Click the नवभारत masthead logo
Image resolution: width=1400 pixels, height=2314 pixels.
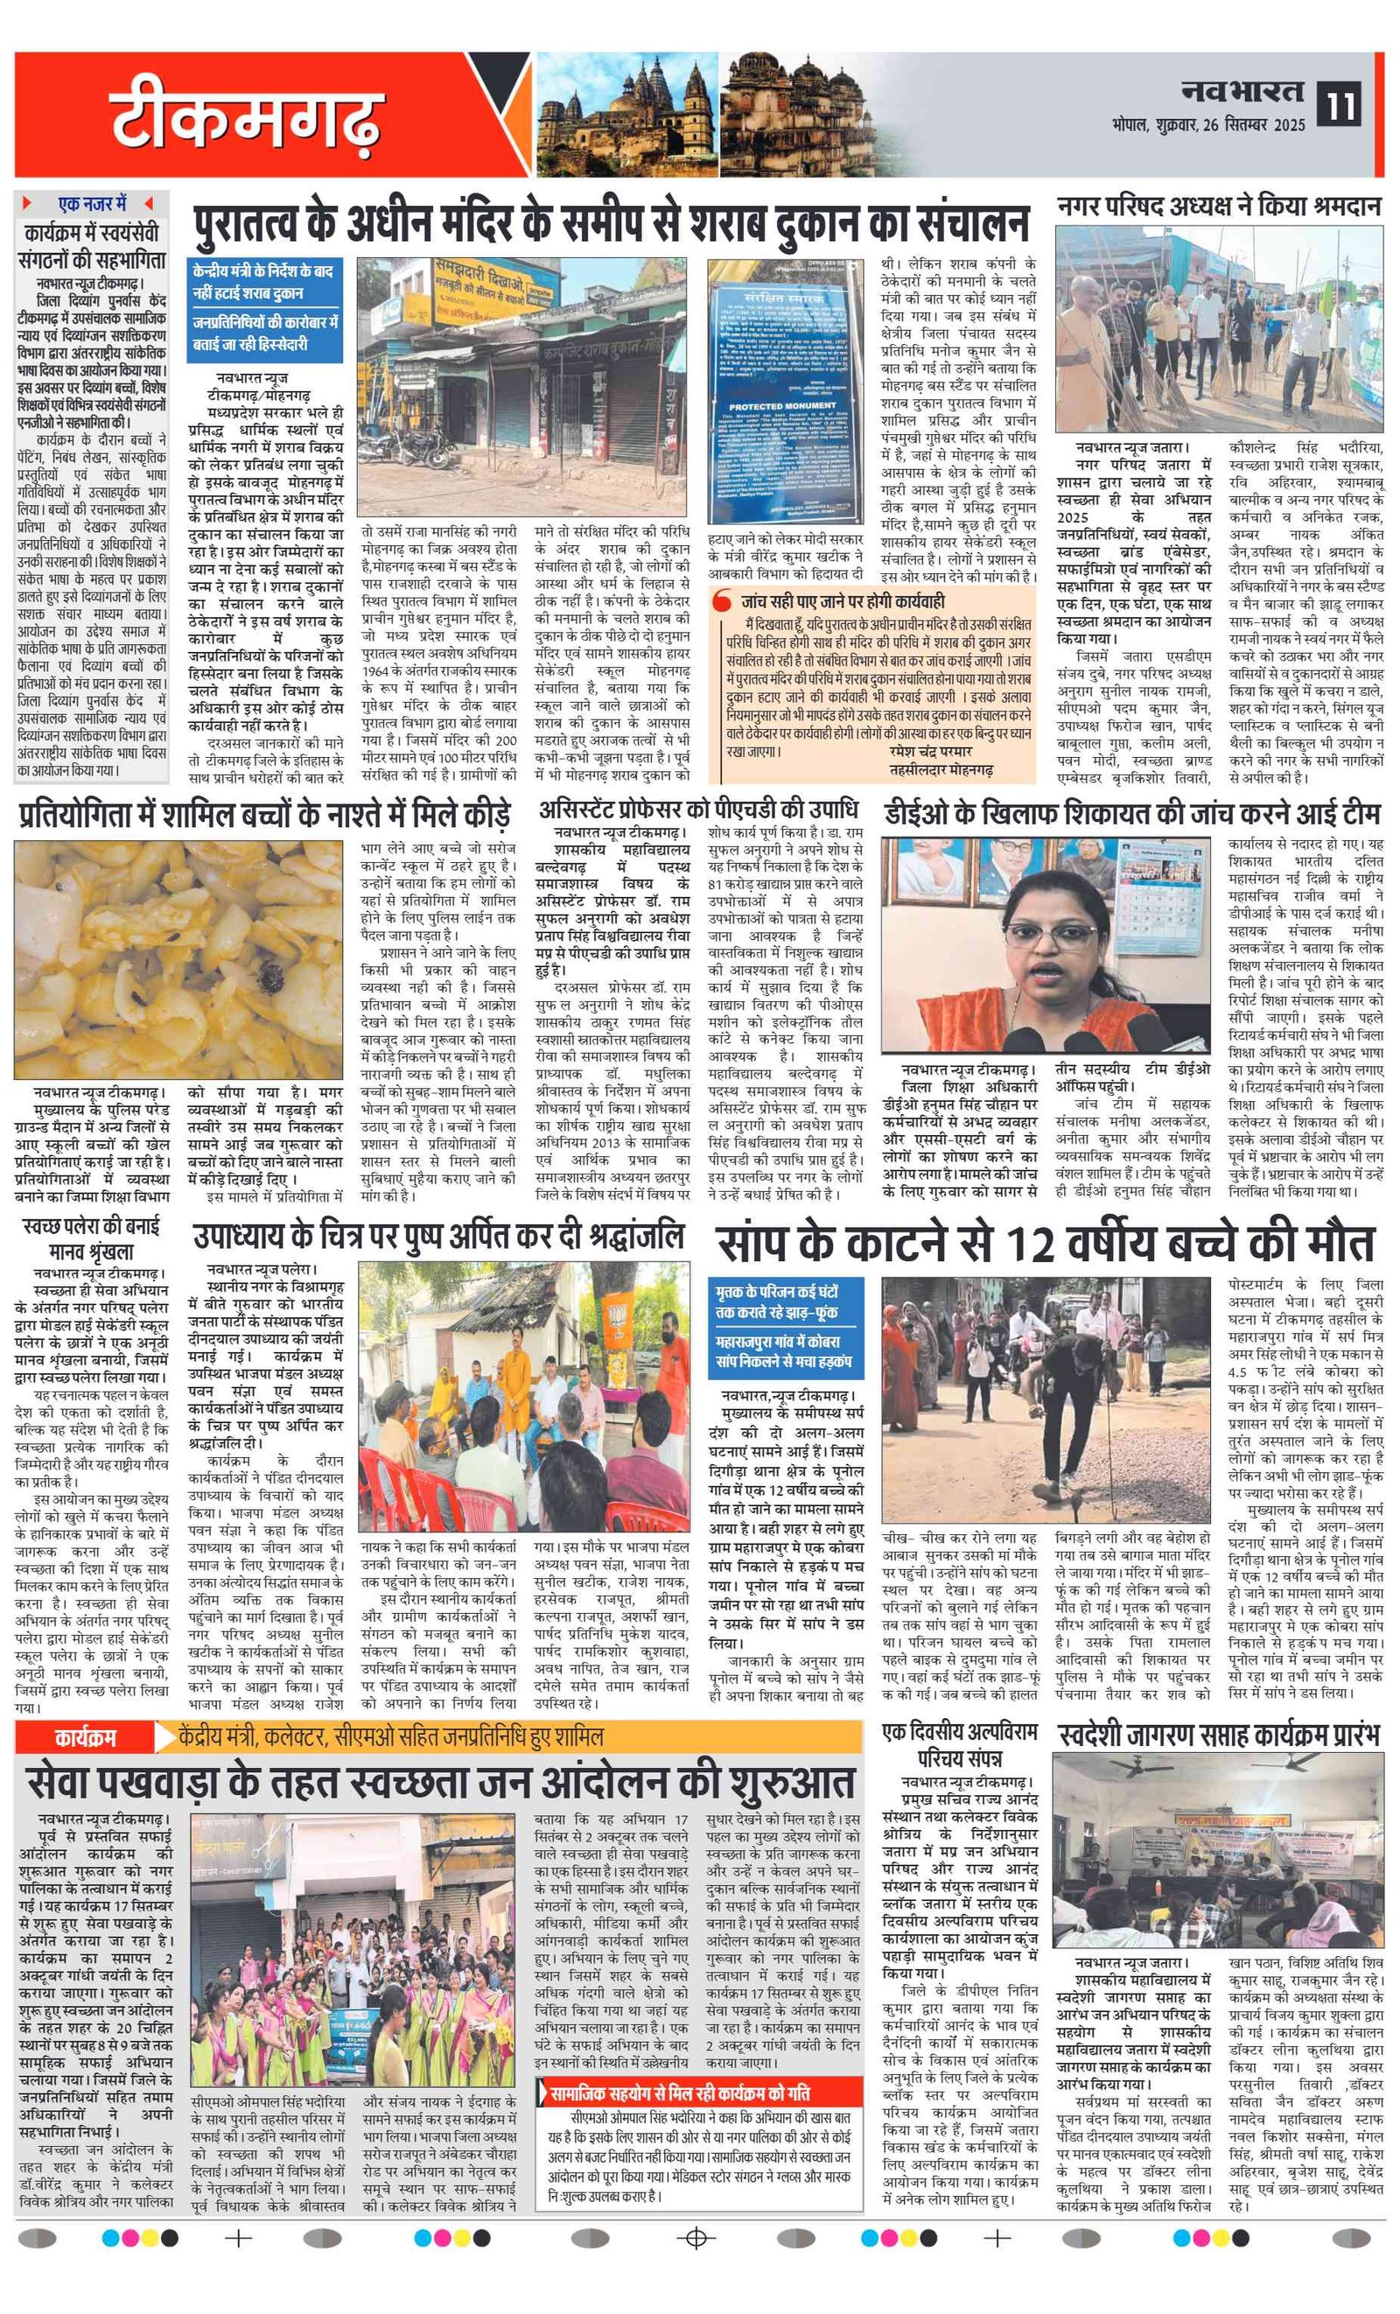coord(1242,92)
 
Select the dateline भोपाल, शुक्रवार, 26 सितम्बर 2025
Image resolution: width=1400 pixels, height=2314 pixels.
coord(1208,124)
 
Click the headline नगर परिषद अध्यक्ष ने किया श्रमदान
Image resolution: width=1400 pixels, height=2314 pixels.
coord(1218,207)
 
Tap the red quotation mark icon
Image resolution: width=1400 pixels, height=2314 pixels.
coord(721,600)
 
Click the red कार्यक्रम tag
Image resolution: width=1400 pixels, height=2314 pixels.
coord(85,1736)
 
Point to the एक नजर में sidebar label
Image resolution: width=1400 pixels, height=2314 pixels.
coord(92,204)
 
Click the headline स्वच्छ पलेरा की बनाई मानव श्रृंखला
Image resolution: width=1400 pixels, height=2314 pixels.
coord(91,1238)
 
